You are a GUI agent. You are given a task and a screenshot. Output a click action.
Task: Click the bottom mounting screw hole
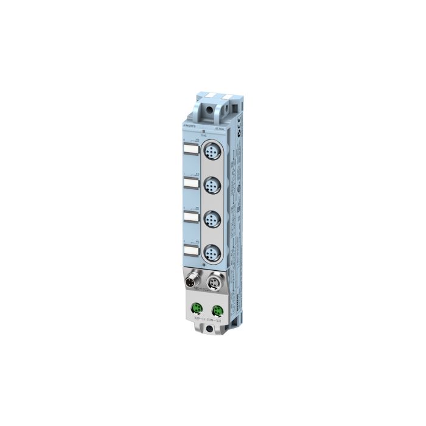[x=210, y=329]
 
